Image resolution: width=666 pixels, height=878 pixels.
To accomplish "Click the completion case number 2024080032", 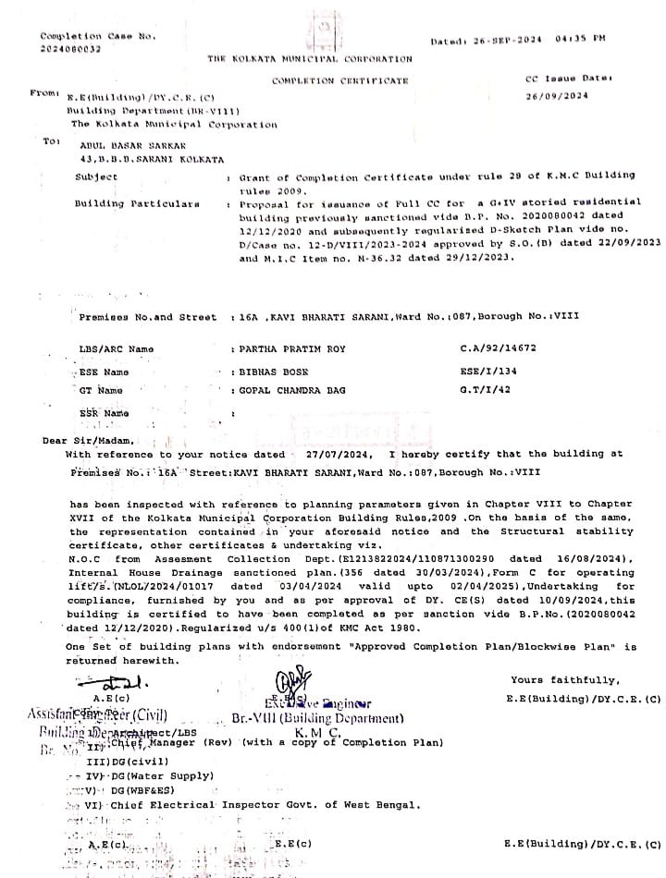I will click(x=70, y=49).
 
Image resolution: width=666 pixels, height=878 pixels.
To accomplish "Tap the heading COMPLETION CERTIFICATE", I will click(x=339, y=81).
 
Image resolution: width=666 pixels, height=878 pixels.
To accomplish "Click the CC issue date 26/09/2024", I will click(x=557, y=96).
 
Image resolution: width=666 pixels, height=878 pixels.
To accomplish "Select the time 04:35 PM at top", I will click(x=580, y=39).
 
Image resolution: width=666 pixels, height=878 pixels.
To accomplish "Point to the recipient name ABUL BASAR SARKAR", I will click(x=120, y=145).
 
